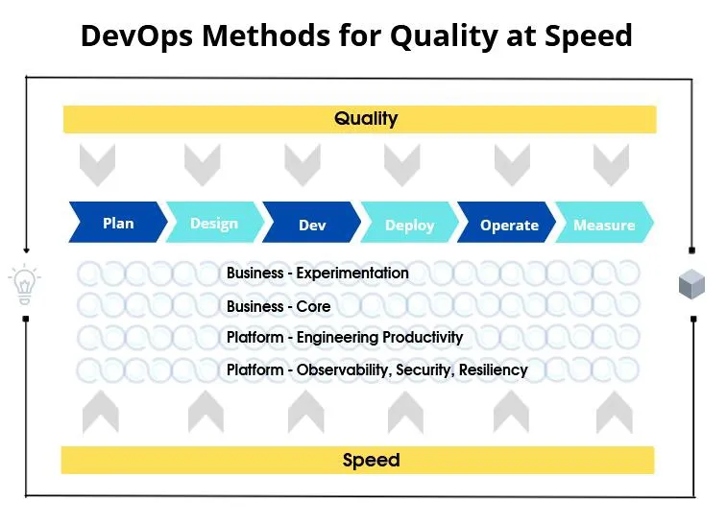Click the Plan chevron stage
tap(118, 222)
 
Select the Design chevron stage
tap(215, 222)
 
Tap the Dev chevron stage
tap(311, 222)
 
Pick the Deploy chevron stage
tap(409, 222)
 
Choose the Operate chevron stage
tap(507, 222)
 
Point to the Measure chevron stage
tap(604, 222)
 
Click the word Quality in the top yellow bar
tap(366, 119)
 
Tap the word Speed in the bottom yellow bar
tap(371, 460)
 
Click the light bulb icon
tap(25, 284)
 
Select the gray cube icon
tap(691, 283)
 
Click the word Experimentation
tap(352, 273)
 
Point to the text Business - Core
tap(279, 306)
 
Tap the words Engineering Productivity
tap(379, 337)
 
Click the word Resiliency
tap(494, 369)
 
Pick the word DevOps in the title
tap(136, 36)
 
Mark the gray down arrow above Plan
tap(97, 165)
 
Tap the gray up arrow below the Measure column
tap(615, 413)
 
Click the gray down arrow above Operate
tap(512, 165)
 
